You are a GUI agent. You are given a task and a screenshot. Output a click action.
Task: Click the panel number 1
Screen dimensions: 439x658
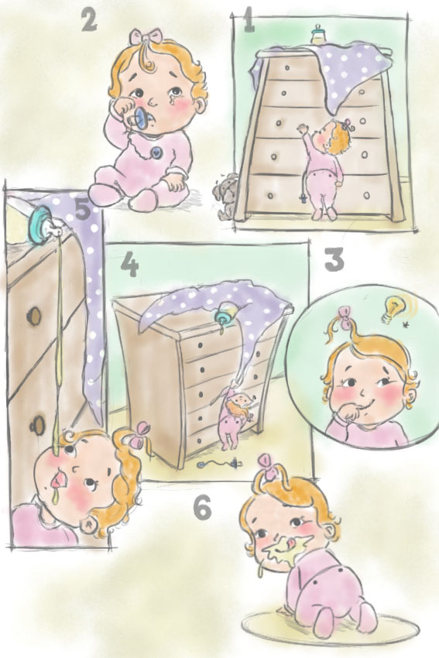(249, 22)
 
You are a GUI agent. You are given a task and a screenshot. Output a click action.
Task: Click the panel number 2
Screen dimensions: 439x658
(89, 21)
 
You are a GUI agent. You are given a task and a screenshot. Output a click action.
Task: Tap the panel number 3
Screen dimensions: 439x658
(334, 260)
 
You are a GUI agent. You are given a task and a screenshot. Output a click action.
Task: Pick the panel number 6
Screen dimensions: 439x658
(202, 508)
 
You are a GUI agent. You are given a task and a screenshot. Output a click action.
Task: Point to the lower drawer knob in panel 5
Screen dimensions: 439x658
(36, 426)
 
